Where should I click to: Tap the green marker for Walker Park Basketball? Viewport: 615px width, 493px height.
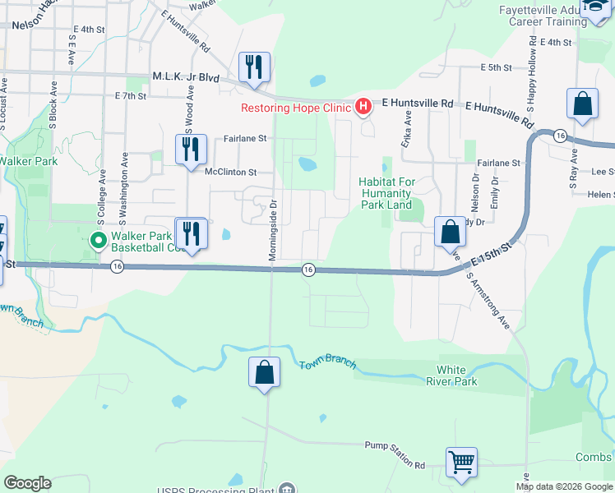coord(97,241)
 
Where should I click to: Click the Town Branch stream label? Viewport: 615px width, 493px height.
coord(324,363)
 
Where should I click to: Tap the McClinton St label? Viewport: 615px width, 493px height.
coord(231,173)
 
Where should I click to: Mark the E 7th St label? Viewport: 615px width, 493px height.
coord(130,96)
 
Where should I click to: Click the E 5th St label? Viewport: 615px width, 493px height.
coord(497,67)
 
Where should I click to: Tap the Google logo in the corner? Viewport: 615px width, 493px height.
coord(28,483)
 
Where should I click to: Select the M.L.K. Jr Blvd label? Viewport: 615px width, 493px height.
coord(186,77)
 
